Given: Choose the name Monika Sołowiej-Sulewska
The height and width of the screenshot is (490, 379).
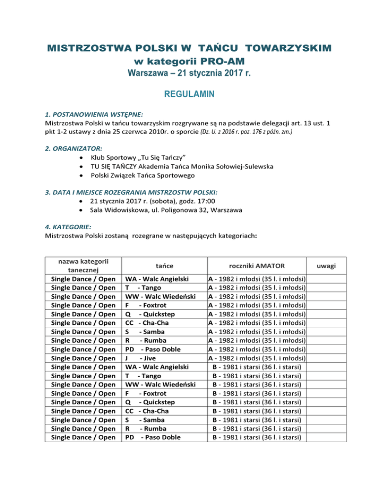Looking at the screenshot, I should (233, 167).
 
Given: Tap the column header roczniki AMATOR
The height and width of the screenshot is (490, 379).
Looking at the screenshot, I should (257, 266).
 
